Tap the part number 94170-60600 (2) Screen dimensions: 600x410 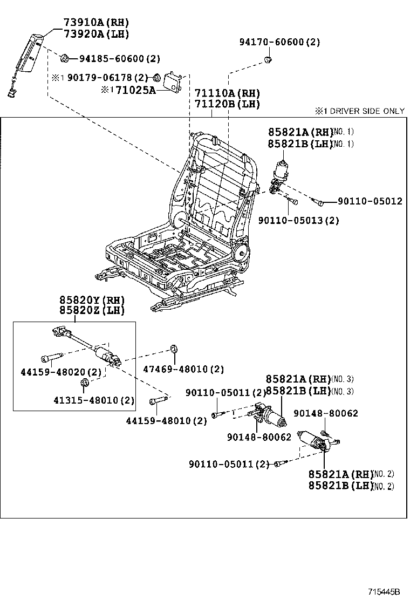280,42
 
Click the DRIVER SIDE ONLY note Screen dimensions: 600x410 360,111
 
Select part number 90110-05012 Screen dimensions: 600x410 370,201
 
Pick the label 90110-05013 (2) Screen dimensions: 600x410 298,220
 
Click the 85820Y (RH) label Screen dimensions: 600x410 92,300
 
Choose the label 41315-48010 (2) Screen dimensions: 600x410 94,401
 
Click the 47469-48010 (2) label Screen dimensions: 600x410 183,369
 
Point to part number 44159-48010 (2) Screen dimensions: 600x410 166,420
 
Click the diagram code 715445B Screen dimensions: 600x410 384,591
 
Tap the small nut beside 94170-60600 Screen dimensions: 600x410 268,58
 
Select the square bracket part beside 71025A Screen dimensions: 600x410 174,82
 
